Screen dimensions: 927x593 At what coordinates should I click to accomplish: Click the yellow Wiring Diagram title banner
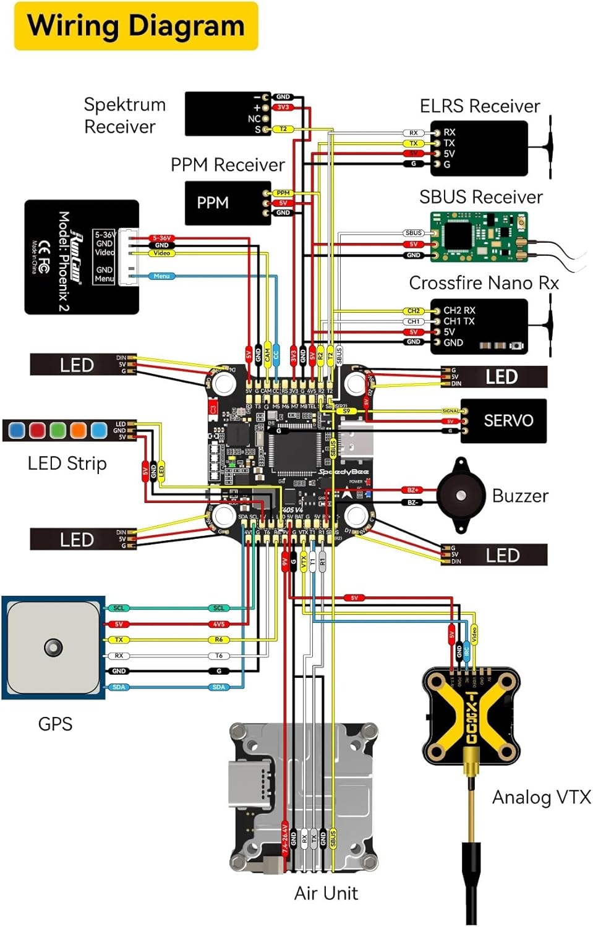click(x=136, y=26)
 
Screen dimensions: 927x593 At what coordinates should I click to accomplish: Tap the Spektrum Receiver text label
click(x=124, y=116)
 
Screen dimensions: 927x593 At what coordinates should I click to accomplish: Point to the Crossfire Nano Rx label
click(x=484, y=283)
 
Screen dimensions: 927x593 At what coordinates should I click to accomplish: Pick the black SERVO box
click(x=503, y=421)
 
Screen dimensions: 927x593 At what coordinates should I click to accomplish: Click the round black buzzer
click(x=461, y=495)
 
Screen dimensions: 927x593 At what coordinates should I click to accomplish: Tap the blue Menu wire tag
click(x=161, y=276)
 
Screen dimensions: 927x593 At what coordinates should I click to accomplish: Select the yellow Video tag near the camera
click(x=162, y=253)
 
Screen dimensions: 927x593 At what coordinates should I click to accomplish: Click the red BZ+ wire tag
click(x=412, y=490)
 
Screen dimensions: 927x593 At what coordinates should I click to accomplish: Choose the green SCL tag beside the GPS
click(x=119, y=608)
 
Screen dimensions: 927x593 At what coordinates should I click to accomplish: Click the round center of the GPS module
click(x=53, y=647)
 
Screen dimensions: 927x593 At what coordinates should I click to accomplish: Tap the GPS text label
click(x=55, y=724)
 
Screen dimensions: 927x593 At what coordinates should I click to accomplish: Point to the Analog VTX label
click(x=541, y=797)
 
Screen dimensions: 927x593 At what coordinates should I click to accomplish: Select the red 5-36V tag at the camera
click(x=162, y=238)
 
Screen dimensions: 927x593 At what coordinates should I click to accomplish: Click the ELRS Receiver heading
click(x=480, y=106)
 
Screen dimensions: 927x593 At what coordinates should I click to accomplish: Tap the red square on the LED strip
click(x=37, y=430)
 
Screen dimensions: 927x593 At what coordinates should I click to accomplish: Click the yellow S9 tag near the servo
click(x=347, y=411)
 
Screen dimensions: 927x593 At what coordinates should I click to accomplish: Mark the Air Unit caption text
click(x=326, y=893)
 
